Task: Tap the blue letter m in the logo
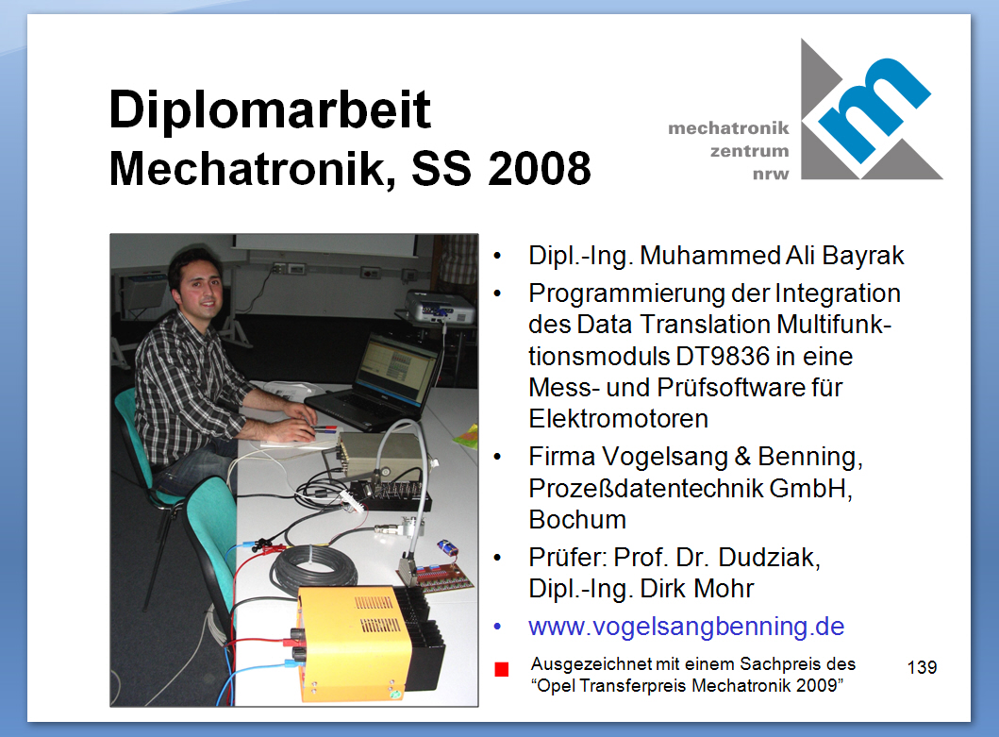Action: [874, 109]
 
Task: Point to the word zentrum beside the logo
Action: [749, 152]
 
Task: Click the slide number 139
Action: [922, 667]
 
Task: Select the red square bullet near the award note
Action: [502, 669]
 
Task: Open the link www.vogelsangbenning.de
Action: [686, 626]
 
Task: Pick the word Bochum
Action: [577, 520]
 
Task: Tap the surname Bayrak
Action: [862, 256]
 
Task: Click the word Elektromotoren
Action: [618, 419]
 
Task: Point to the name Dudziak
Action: [769, 557]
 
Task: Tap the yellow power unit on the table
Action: [357, 643]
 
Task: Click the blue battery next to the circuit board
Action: [448, 547]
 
